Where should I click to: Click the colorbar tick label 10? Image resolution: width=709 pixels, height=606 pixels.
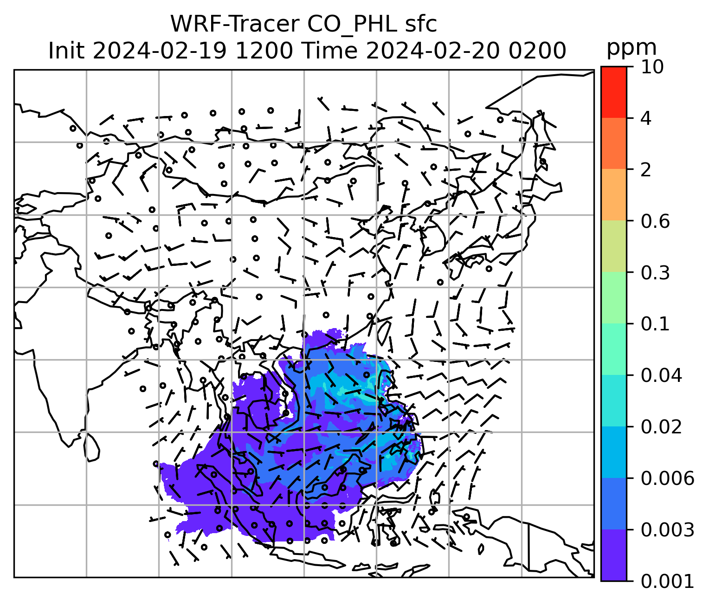tap(651, 67)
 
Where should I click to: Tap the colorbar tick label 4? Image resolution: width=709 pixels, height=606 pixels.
tap(646, 118)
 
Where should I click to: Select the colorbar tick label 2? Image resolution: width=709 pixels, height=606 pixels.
tap(646, 170)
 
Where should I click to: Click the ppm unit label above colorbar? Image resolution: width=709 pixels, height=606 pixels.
tap(632, 48)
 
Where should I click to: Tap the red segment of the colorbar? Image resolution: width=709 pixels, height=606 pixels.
tap(613, 92)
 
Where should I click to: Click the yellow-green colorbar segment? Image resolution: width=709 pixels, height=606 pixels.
tap(613, 246)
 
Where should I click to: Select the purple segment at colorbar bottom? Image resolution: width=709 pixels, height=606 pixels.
tap(613, 555)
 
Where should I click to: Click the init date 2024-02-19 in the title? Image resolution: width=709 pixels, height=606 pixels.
tap(160, 51)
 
